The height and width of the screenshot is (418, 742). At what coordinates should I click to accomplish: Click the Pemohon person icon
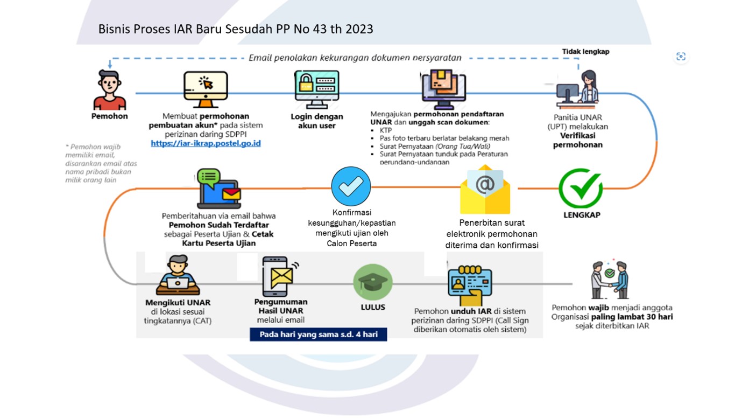(x=110, y=90)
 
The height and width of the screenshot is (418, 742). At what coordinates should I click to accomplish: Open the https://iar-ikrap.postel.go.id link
(x=206, y=144)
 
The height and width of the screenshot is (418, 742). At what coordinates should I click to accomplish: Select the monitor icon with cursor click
(x=206, y=89)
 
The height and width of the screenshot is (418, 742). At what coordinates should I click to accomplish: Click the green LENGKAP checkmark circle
(x=581, y=189)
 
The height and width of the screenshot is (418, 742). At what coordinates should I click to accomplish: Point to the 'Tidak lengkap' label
(x=585, y=52)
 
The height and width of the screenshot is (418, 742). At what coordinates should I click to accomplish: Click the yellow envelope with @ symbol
(x=485, y=190)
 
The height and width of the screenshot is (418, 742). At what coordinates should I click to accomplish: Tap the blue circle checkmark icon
(x=351, y=186)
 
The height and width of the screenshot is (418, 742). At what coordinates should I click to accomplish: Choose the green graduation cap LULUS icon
(x=373, y=282)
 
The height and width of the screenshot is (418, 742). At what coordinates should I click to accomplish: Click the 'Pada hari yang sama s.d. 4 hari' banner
(x=319, y=335)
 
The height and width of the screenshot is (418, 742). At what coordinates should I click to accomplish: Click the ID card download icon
(x=470, y=284)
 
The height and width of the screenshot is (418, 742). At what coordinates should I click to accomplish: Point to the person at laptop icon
(x=178, y=275)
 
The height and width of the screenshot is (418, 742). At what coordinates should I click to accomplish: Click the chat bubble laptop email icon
(x=218, y=189)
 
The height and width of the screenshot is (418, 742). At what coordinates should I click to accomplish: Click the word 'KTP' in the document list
(x=386, y=130)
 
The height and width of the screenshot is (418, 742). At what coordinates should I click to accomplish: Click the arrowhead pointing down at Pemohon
(x=110, y=65)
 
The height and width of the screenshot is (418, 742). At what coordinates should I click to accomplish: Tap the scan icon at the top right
(x=681, y=57)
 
